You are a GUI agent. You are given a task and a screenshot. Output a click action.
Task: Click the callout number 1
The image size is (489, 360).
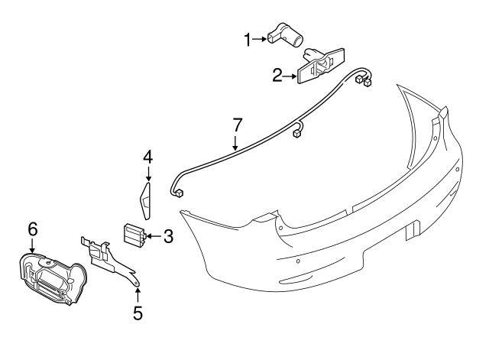pyautogui.click(x=248, y=38)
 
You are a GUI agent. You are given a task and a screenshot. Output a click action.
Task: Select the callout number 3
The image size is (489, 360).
pyautogui.click(x=168, y=237)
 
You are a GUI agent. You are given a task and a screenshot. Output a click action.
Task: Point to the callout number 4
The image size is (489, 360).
pyautogui.click(x=147, y=158)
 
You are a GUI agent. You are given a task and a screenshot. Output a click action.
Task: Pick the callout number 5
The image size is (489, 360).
pyautogui.click(x=138, y=312)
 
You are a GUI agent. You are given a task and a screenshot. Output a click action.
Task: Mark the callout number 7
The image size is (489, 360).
pyautogui.click(x=237, y=125)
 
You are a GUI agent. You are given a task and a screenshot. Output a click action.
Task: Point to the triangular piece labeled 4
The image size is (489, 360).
pyautogui.click(x=145, y=196)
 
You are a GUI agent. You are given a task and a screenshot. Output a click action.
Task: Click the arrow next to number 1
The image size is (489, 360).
pyautogui.click(x=261, y=38)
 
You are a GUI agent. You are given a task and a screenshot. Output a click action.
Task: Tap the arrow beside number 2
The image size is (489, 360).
pyautogui.click(x=291, y=75)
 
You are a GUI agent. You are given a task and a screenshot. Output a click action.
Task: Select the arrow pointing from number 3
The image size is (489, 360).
pyautogui.click(x=153, y=237)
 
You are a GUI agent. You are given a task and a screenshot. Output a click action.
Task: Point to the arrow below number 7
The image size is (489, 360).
pyautogui.click(x=236, y=141)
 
